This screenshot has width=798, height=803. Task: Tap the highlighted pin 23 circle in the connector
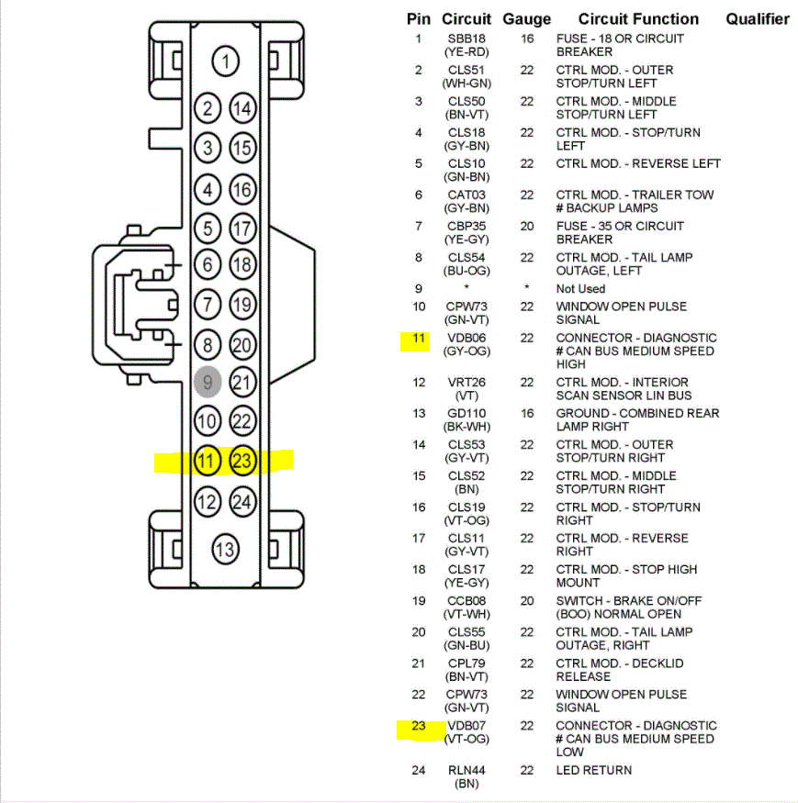coord(242,460)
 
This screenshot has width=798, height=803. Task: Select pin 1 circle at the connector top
coord(226,62)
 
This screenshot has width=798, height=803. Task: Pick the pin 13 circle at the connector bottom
coord(226,550)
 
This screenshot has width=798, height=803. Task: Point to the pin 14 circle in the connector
coord(242,109)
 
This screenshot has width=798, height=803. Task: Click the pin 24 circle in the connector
coord(242,501)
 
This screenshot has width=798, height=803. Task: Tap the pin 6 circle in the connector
coord(208,265)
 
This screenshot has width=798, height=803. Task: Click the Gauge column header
coord(527,18)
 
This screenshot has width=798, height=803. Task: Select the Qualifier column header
coord(758,18)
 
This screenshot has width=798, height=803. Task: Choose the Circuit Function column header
coord(638,18)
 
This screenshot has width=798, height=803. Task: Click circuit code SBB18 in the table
coord(466,39)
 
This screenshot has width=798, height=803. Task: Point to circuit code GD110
coord(466,414)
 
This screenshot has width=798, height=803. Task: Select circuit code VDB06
coord(466,339)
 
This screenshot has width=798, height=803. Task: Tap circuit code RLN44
coord(466,771)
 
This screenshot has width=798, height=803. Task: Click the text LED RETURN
coord(593,771)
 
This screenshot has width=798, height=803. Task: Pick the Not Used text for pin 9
coord(580,289)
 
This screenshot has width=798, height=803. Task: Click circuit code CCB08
coord(466,601)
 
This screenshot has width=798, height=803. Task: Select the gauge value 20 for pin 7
coord(527,227)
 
